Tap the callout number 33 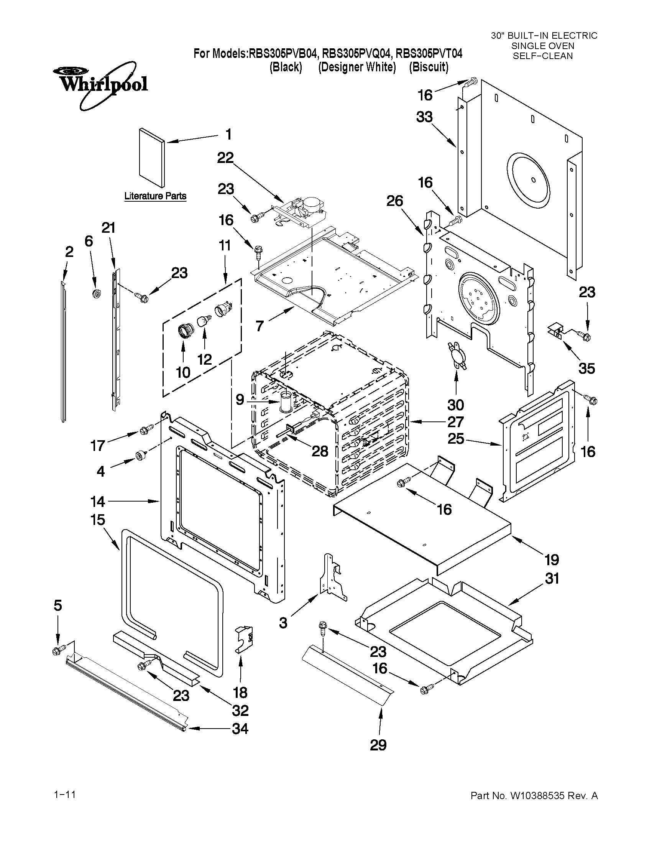point(424,117)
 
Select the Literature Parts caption point(155,196)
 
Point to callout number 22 point(225,158)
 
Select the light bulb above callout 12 point(203,320)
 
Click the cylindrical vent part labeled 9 point(286,402)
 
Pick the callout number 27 point(455,421)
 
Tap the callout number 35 point(586,368)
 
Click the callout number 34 point(240,729)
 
